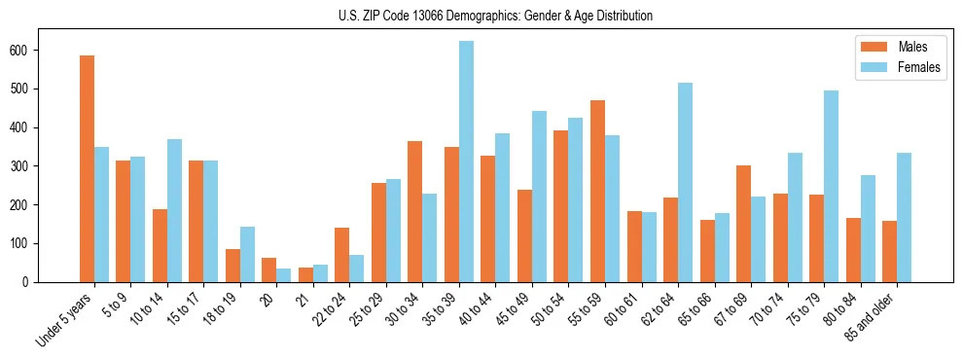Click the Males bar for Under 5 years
coord(87,168)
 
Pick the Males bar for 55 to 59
coord(597,191)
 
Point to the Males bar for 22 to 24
coord(342,255)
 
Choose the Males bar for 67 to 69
coord(743,224)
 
